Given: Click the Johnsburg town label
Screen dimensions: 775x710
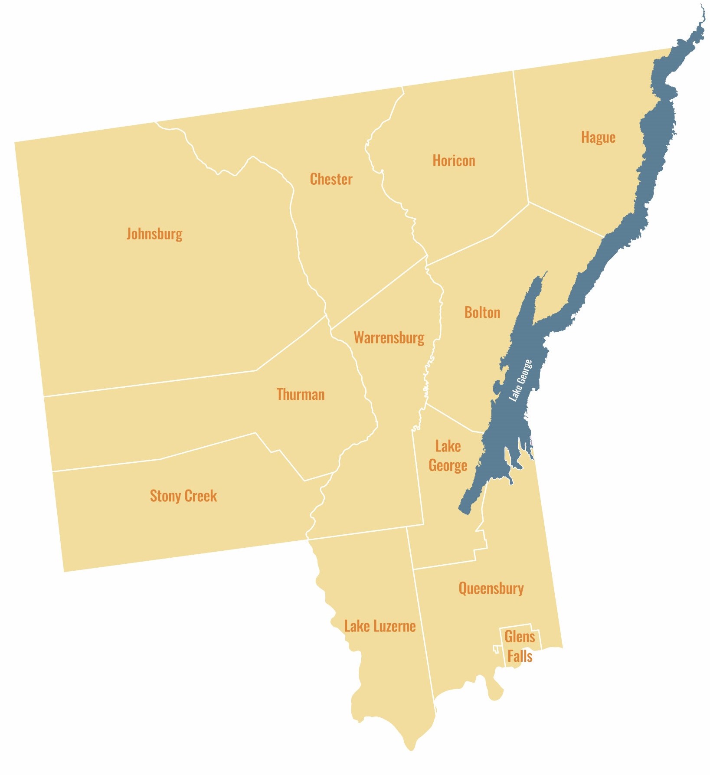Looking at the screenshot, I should tap(154, 234).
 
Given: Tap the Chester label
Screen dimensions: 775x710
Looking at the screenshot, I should tap(331, 179).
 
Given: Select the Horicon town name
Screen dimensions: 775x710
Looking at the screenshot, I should tap(454, 161).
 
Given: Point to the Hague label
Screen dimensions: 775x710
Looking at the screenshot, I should tap(598, 137).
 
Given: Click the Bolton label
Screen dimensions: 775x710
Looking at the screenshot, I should tap(482, 313).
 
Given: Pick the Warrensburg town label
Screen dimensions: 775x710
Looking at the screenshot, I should tap(389, 338).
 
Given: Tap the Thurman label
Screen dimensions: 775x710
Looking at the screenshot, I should tap(301, 395).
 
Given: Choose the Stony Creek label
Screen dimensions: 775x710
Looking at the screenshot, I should tap(183, 496).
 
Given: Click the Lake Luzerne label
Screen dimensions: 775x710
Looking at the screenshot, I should tap(380, 626).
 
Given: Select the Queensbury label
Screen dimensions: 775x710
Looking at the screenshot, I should tap(491, 589).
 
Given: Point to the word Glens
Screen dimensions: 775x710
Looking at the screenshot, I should tap(520, 637).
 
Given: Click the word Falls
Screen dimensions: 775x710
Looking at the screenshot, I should tap(520, 656).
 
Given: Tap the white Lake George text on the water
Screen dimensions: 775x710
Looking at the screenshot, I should tap(520, 380).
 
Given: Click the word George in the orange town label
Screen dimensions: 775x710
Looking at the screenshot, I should tap(448, 465).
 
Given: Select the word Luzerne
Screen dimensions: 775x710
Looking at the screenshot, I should tap(394, 626).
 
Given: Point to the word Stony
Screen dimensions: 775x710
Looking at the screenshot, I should tap(165, 496).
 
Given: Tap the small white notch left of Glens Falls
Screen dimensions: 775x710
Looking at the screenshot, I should tap(496, 649).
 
